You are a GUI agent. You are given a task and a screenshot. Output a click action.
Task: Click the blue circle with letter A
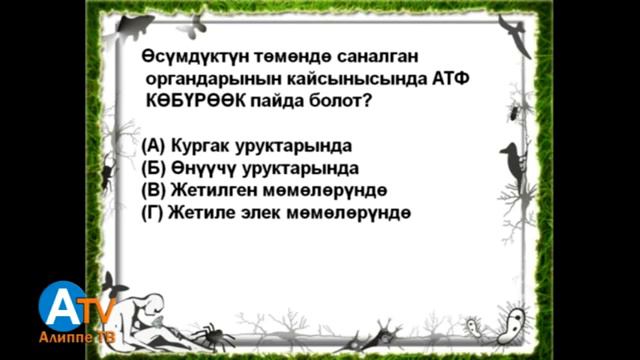tap(62, 305)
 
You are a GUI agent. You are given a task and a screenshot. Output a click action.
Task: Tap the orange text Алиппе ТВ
tap(75, 341)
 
